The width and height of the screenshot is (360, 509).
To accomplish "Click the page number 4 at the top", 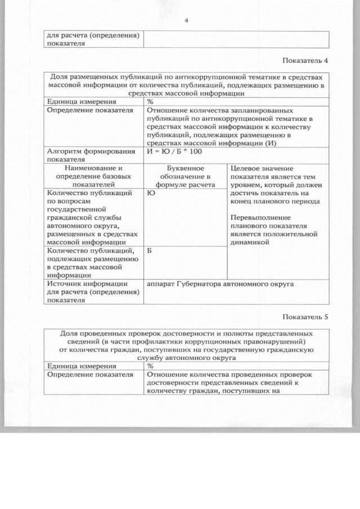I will pos(186,21).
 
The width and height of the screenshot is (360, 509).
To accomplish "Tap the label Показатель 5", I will pos(305,317).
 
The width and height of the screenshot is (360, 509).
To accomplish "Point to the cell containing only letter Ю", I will pos(150,192).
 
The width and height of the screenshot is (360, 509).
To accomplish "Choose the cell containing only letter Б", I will pos(150,250).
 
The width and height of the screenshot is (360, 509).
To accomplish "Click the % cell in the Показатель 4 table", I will pos(150,102).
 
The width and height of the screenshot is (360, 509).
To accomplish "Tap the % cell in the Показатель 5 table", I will pos(150,366).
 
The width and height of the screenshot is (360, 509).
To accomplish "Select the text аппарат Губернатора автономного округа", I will pos(220,284).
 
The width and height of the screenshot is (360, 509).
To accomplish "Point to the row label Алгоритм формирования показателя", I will pos(91,155).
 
